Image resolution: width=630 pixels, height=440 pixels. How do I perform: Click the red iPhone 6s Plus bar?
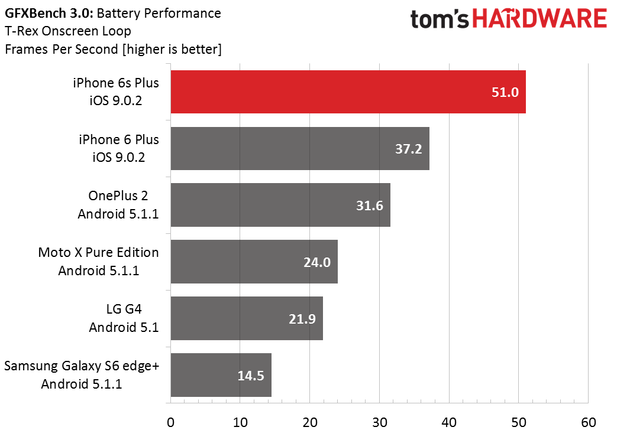click(x=348, y=92)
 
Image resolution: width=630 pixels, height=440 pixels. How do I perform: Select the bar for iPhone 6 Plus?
click(x=300, y=148)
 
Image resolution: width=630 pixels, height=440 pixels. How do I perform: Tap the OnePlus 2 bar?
click(x=280, y=205)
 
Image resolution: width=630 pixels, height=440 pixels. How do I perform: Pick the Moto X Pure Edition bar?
click(x=254, y=262)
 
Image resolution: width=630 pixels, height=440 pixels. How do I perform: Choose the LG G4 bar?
click(x=247, y=318)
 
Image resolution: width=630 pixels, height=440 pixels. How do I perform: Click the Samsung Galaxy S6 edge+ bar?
click(x=221, y=375)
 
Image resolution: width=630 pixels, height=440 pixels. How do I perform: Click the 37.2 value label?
click(x=408, y=149)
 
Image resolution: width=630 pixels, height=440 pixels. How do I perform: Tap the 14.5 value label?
click(x=250, y=376)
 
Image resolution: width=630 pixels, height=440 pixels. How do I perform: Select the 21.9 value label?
click(x=302, y=319)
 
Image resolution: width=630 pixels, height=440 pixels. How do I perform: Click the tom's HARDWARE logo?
click(x=509, y=19)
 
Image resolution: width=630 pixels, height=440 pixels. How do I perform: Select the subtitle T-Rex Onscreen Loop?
click(x=68, y=31)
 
